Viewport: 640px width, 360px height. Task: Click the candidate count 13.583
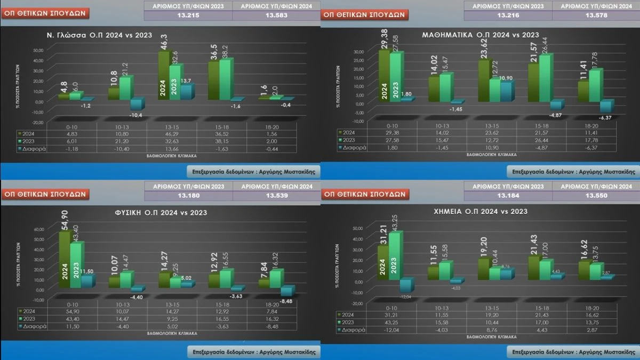point(276,15)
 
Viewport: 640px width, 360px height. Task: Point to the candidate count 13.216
point(508,15)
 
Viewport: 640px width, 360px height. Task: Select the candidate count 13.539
point(276,195)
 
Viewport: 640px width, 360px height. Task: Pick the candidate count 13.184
point(508,195)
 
